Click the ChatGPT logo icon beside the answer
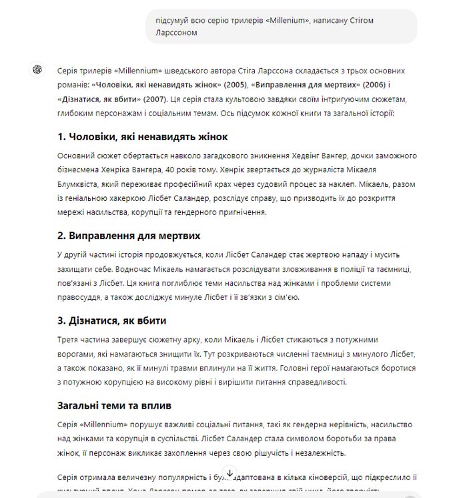pos(37,70)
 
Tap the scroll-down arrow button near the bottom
pos(229,473)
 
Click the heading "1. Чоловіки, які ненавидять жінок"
pos(143,137)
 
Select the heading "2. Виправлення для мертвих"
pos(129,236)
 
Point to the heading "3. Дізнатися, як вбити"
pos(112,320)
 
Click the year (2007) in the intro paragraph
pos(153,99)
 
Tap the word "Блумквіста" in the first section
pos(81,184)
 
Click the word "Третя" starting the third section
pos(69,340)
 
